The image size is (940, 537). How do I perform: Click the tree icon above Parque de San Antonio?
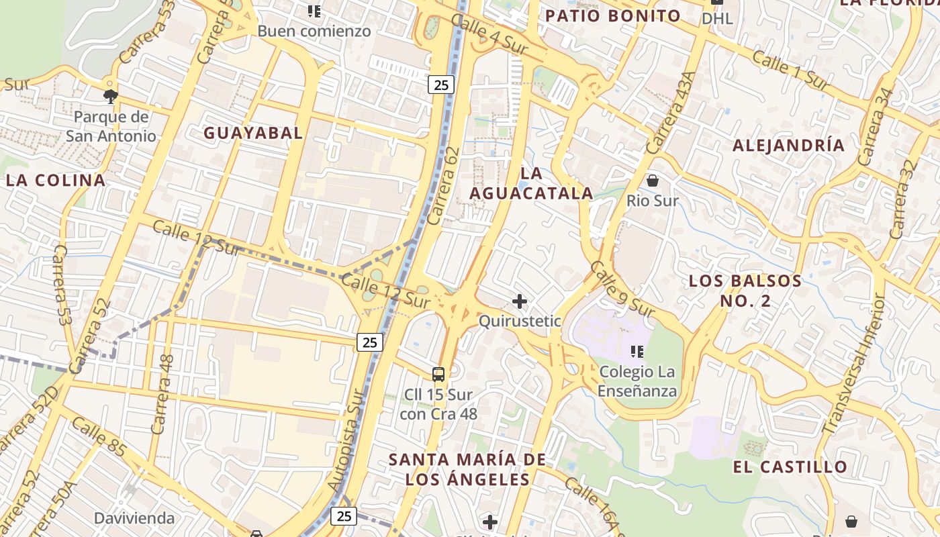[111, 96]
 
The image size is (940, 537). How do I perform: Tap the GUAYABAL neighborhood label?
[253, 133]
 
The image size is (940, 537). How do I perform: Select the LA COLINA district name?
[56, 180]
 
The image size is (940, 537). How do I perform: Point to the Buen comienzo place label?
[314, 31]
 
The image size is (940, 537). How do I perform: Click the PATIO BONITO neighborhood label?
[612, 16]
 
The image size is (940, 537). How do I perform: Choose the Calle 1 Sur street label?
[790, 70]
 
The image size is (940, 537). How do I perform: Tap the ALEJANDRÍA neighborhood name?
[788, 145]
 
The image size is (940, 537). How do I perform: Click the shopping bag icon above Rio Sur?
[652, 181]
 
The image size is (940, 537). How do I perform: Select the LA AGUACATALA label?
[531, 183]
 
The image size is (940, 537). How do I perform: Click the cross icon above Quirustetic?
[519, 301]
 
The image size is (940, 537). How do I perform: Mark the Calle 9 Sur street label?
[621, 289]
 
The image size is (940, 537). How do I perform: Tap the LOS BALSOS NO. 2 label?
[745, 291]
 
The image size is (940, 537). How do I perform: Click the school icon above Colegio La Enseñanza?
[637, 351]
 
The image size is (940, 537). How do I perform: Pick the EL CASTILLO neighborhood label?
[790, 467]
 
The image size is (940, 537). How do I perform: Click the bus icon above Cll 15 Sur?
[438, 374]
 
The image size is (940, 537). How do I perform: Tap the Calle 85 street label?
[98, 437]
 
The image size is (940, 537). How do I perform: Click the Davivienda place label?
[134, 518]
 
